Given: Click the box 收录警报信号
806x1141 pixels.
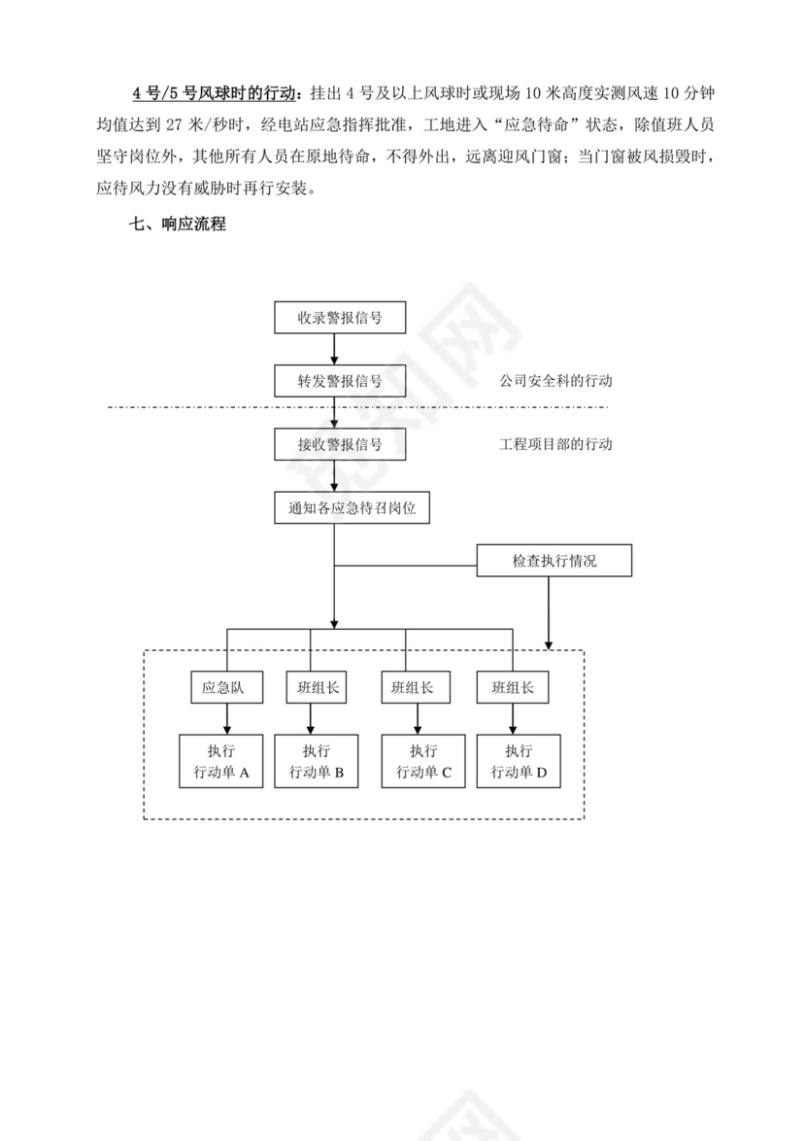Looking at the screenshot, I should point(339,318).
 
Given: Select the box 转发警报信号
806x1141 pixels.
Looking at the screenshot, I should point(339,381).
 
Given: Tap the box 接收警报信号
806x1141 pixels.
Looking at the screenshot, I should point(339,444).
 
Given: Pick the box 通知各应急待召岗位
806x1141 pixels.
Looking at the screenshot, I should point(353,507).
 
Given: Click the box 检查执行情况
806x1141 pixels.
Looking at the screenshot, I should point(554,561).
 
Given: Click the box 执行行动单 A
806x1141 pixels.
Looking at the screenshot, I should point(221,762).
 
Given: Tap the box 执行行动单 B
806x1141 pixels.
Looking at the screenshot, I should point(317,762).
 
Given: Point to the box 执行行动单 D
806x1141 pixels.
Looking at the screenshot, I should point(519,762).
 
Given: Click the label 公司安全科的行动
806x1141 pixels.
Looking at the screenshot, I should point(555,381).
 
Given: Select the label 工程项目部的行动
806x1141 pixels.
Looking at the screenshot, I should point(555,444).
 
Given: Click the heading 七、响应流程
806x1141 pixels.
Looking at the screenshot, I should point(178,225).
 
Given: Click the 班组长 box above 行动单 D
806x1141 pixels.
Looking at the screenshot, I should point(513,688).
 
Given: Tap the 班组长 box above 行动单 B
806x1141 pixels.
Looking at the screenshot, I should point(312,688).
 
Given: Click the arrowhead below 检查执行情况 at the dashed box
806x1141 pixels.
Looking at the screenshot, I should point(550,642).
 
